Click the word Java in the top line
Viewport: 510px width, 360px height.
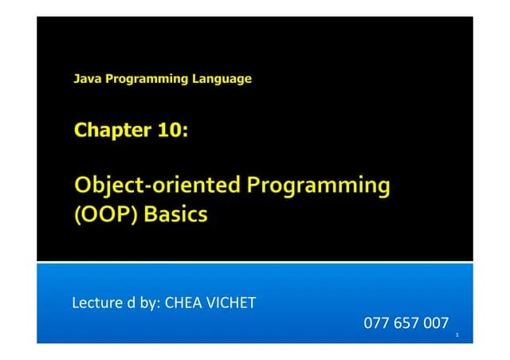coord(85,79)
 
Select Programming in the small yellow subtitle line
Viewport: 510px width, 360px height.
coord(144,79)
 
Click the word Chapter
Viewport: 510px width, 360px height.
coord(107,130)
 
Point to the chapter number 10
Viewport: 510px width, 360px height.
coord(169,130)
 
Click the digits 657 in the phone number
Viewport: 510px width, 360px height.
coord(406,323)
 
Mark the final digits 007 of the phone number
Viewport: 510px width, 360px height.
coord(436,323)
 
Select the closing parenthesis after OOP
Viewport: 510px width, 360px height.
coord(135,214)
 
